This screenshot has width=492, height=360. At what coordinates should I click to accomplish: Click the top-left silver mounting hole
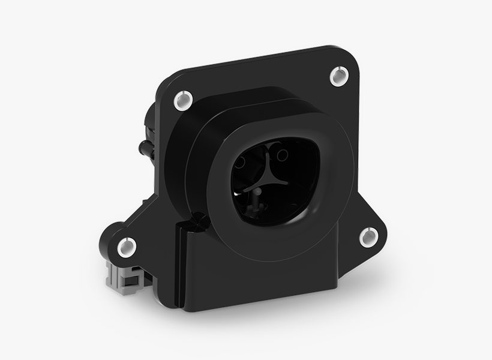click(182, 100)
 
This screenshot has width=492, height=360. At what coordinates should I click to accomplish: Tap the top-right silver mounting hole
click(338, 76)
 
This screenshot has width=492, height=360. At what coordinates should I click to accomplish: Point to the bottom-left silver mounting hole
click(127, 246)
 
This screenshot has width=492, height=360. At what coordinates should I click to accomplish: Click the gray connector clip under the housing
click(124, 275)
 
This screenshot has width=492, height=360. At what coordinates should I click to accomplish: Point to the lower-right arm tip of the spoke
click(287, 184)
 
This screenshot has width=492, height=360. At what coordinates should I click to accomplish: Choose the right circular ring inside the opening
click(281, 155)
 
